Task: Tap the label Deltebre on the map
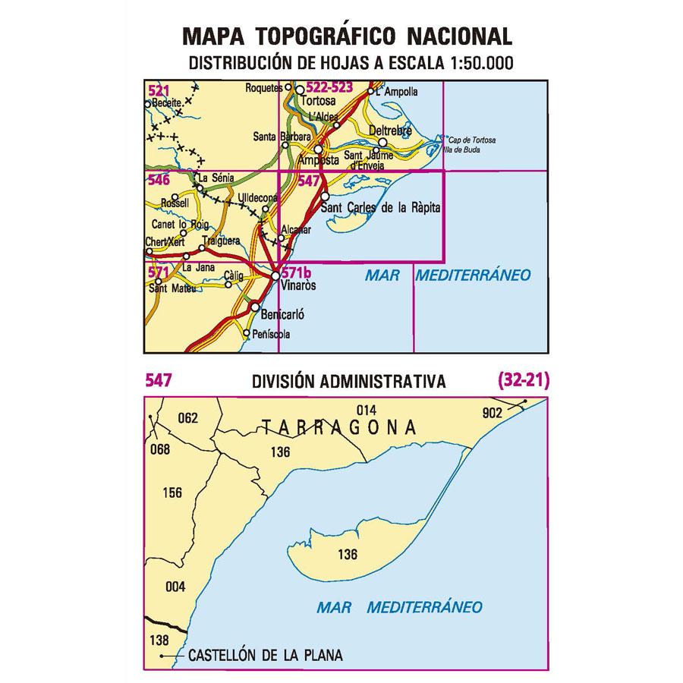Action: (390, 131)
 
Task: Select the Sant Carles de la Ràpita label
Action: (381, 207)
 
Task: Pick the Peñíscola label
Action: (272, 335)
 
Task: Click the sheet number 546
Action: (158, 181)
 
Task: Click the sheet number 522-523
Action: (329, 89)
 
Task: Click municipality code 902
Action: (492, 413)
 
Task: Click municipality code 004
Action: (175, 587)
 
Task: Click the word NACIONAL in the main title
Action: (459, 36)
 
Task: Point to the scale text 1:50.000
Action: (479, 64)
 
